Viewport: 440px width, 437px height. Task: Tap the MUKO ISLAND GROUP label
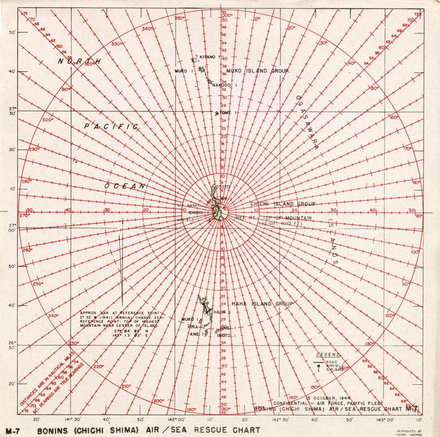(257, 71)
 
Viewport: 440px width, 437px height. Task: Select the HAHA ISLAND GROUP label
(262, 304)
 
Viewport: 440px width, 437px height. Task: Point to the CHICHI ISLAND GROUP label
(282, 204)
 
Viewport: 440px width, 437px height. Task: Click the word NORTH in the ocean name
(79, 61)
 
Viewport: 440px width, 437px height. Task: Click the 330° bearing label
(116, 44)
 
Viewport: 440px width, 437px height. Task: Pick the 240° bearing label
(53, 315)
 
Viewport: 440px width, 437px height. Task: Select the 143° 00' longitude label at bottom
(384, 420)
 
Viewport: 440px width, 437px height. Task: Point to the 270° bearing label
(25, 216)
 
